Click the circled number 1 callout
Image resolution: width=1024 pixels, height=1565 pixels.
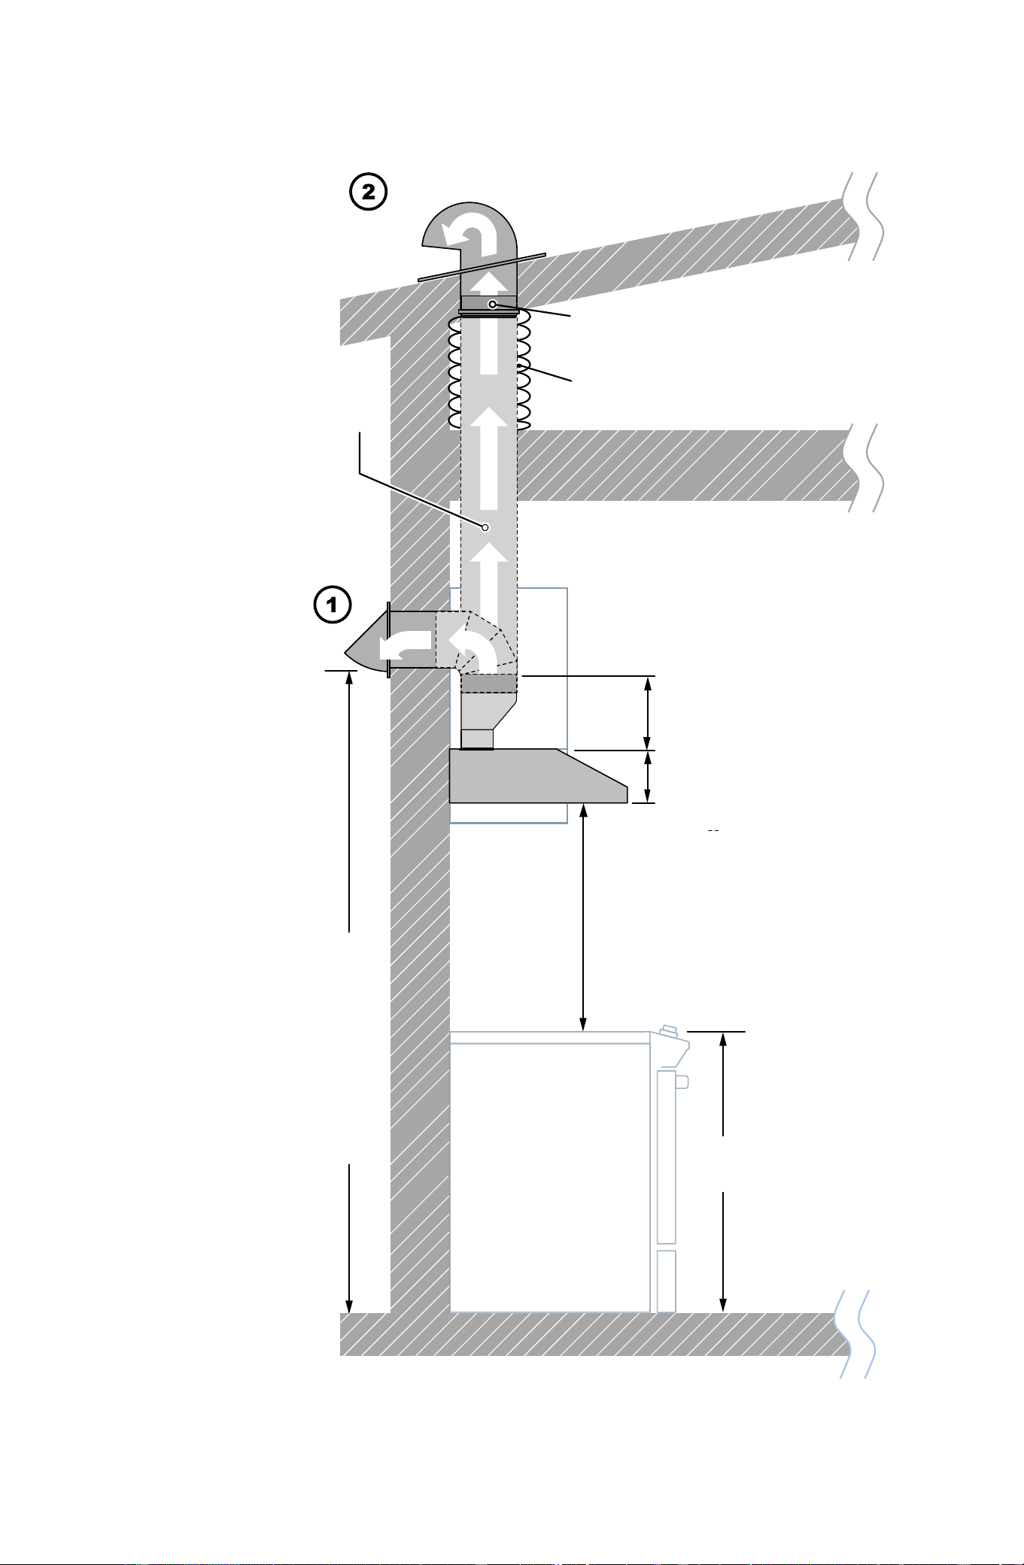pos(333,604)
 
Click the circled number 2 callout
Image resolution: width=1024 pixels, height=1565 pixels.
pos(369,192)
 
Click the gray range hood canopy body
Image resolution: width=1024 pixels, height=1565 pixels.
pos(538,776)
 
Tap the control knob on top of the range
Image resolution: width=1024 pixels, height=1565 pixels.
pos(668,1030)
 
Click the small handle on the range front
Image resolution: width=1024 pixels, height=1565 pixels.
pos(682,1081)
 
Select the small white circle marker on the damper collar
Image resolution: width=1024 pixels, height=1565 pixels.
pos(492,304)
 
